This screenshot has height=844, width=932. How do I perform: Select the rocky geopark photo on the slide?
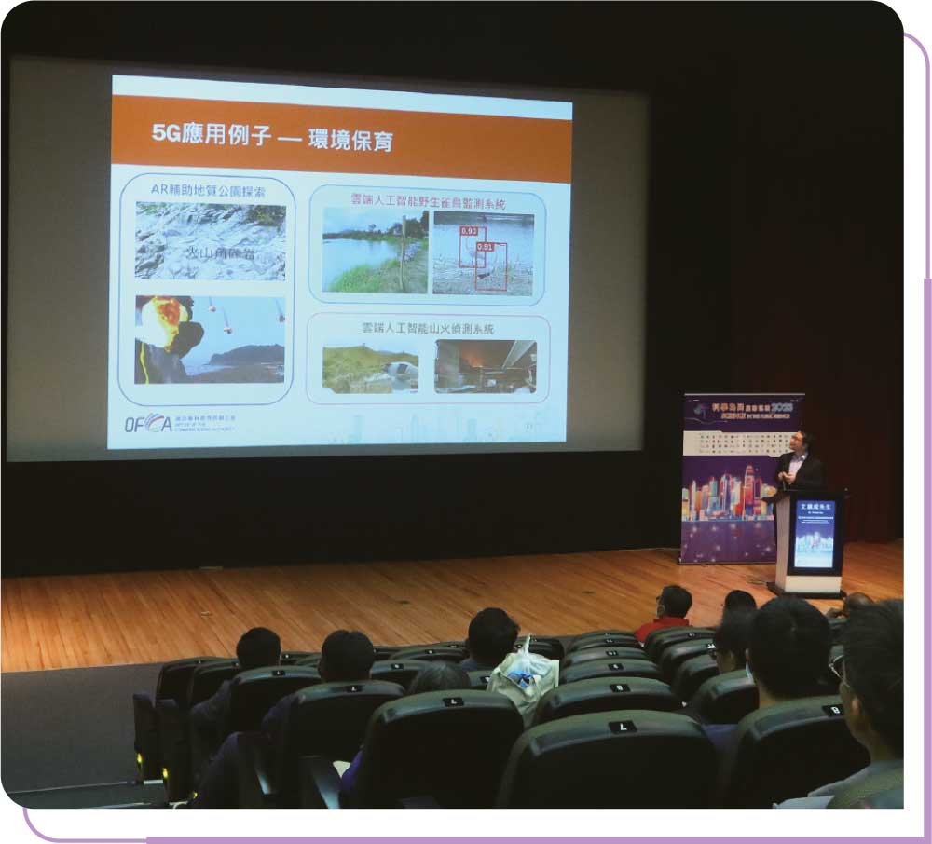tap(211, 240)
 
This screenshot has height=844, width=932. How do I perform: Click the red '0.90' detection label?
tap(469, 230)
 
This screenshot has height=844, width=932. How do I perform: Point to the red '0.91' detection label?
tap(486, 247)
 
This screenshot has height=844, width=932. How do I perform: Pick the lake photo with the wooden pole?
tap(375, 251)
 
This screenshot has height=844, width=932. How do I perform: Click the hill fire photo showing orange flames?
tap(485, 366)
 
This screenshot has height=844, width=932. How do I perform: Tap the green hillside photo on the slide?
tap(370, 369)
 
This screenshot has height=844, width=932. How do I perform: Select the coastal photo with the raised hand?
tap(209, 339)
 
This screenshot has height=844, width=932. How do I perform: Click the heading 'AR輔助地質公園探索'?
tap(207, 189)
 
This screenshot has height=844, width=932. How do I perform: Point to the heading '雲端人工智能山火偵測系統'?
tap(428, 328)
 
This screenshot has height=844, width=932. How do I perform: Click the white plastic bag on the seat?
tap(524, 676)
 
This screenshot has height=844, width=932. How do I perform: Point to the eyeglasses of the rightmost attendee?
tap(838, 666)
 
